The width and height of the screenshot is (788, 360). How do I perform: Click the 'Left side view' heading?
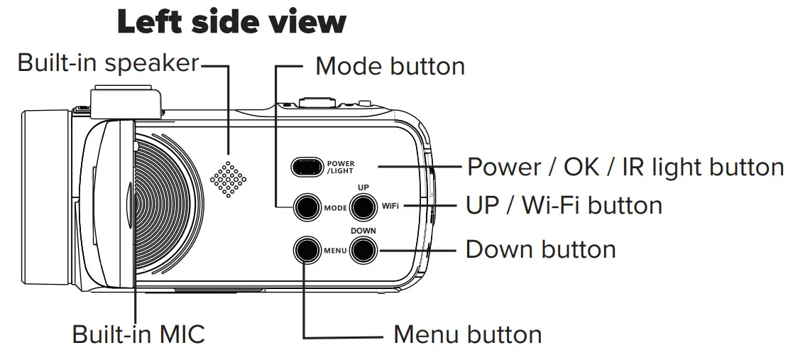coord(232,22)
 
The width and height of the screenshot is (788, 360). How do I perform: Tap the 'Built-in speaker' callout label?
coord(108,62)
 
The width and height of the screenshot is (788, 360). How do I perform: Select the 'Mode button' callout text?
coord(390,66)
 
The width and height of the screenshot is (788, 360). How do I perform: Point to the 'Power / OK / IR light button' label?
coord(625,167)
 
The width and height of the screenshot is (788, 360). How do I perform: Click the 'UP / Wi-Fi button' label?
coord(564,205)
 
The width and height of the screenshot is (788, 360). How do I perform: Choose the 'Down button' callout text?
coord(540,249)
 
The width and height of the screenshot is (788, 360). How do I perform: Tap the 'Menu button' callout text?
coord(467,334)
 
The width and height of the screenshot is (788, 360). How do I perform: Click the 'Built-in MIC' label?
coord(139,334)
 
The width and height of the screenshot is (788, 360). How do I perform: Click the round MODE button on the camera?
coord(306,207)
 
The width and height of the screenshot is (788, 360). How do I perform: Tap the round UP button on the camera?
coord(363,207)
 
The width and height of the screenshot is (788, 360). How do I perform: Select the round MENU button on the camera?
coord(306,249)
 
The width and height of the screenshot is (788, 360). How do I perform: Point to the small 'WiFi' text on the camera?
coord(390,206)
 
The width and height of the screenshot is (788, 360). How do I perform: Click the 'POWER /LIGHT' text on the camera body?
coord(341,167)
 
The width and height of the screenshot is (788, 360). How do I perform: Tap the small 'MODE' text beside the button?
coord(335,209)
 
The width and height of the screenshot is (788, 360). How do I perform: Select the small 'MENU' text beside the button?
coord(335,251)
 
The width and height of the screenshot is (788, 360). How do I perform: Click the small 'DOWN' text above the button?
coord(363,231)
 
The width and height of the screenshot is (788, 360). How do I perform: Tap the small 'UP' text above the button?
coord(363,187)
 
